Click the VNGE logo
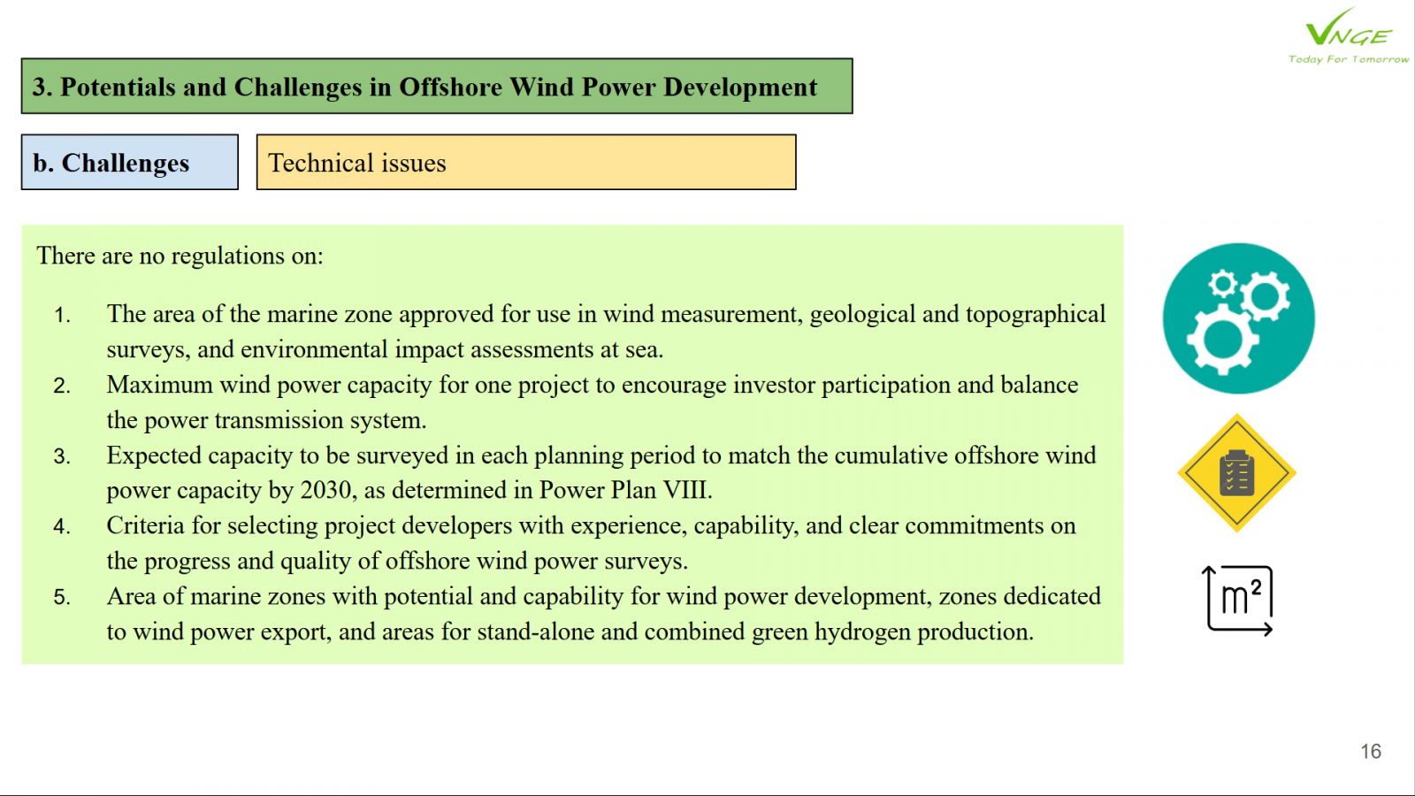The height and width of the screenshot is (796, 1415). click(x=1348, y=27)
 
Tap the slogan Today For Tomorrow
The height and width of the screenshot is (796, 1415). click(x=1348, y=59)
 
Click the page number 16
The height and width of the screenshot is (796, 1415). click(x=1371, y=751)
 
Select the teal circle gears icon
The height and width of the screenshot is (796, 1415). click(x=1238, y=318)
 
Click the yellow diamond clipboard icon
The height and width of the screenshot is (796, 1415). click(x=1237, y=472)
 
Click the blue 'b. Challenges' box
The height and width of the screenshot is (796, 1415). click(x=129, y=162)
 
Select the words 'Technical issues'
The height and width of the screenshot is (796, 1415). click(x=357, y=163)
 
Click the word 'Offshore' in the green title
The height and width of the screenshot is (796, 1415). click(x=451, y=88)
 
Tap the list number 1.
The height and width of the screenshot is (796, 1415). click(x=61, y=315)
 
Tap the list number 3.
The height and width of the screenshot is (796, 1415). click(x=61, y=456)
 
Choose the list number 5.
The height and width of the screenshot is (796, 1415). click(x=61, y=597)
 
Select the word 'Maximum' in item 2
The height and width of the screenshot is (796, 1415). click(x=159, y=385)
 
